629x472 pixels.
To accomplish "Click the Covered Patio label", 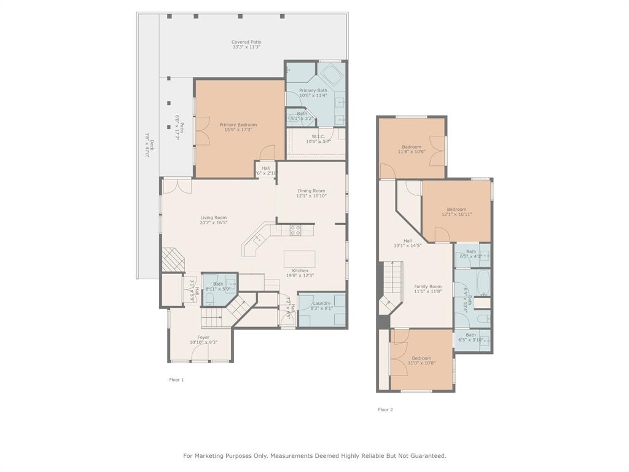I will click(x=246, y=42).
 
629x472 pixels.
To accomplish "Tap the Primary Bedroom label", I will click(x=238, y=125).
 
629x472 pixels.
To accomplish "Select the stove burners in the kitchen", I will click(x=295, y=230).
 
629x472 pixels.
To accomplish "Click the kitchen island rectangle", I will click(x=299, y=258).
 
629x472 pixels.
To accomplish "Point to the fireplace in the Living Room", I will click(x=172, y=260).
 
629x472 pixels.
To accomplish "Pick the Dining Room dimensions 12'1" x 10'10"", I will click(x=311, y=196).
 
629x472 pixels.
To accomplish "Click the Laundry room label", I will click(x=321, y=303).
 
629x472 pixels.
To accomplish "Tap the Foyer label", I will click(x=203, y=337).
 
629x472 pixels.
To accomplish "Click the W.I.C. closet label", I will click(x=318, y=136).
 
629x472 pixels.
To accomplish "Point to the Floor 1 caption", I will click(x=176, y=380).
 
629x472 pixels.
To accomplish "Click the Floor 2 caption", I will click(x=385, y=409).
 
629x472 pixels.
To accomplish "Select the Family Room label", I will click(x=428, y=286).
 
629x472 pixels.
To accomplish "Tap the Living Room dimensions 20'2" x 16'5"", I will click(x=213, y=222).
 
